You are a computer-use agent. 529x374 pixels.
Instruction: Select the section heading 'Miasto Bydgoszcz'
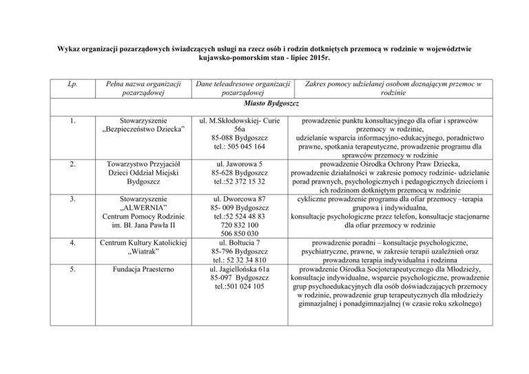coord(264,103)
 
